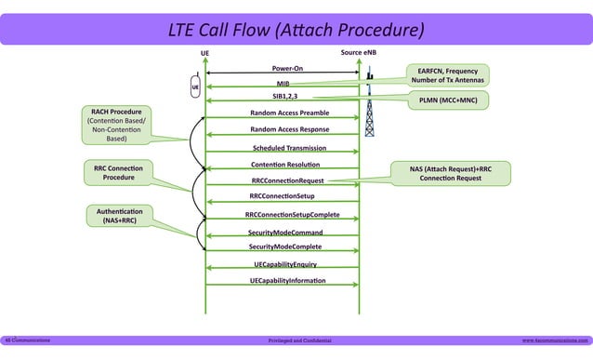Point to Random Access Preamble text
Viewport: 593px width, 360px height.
point(288,113)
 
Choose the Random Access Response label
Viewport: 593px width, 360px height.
point(289,129)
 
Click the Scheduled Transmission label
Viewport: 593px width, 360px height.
point(289,148)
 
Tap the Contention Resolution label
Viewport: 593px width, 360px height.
point(286,165)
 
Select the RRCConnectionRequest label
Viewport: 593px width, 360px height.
point(287,180)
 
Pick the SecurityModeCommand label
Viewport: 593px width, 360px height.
point(285,231)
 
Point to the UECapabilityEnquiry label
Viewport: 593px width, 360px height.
point(285,264)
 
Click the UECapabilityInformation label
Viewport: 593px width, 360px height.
point(287,280)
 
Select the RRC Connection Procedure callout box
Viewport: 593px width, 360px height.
point(118,173)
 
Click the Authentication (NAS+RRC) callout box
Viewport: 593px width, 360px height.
point(119,217)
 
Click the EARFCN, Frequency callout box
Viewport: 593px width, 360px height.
point(448,75)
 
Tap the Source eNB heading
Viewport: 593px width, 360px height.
point(359,52)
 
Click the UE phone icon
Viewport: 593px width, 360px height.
point(195,87)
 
